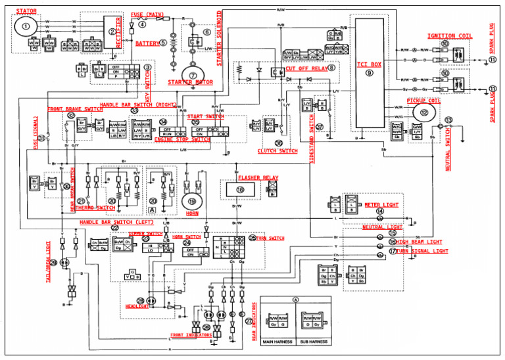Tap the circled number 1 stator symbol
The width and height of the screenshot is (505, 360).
coord(26,26)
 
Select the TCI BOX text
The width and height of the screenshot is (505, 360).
coord(369,64)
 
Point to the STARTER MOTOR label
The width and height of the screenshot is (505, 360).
coord(189,83)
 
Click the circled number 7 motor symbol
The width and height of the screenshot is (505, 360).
coord(193,74)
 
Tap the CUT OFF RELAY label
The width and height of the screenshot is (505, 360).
coord(306,67)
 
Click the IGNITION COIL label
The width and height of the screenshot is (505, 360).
coord(449,35)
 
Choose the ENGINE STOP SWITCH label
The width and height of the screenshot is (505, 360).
coord(182,139)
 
